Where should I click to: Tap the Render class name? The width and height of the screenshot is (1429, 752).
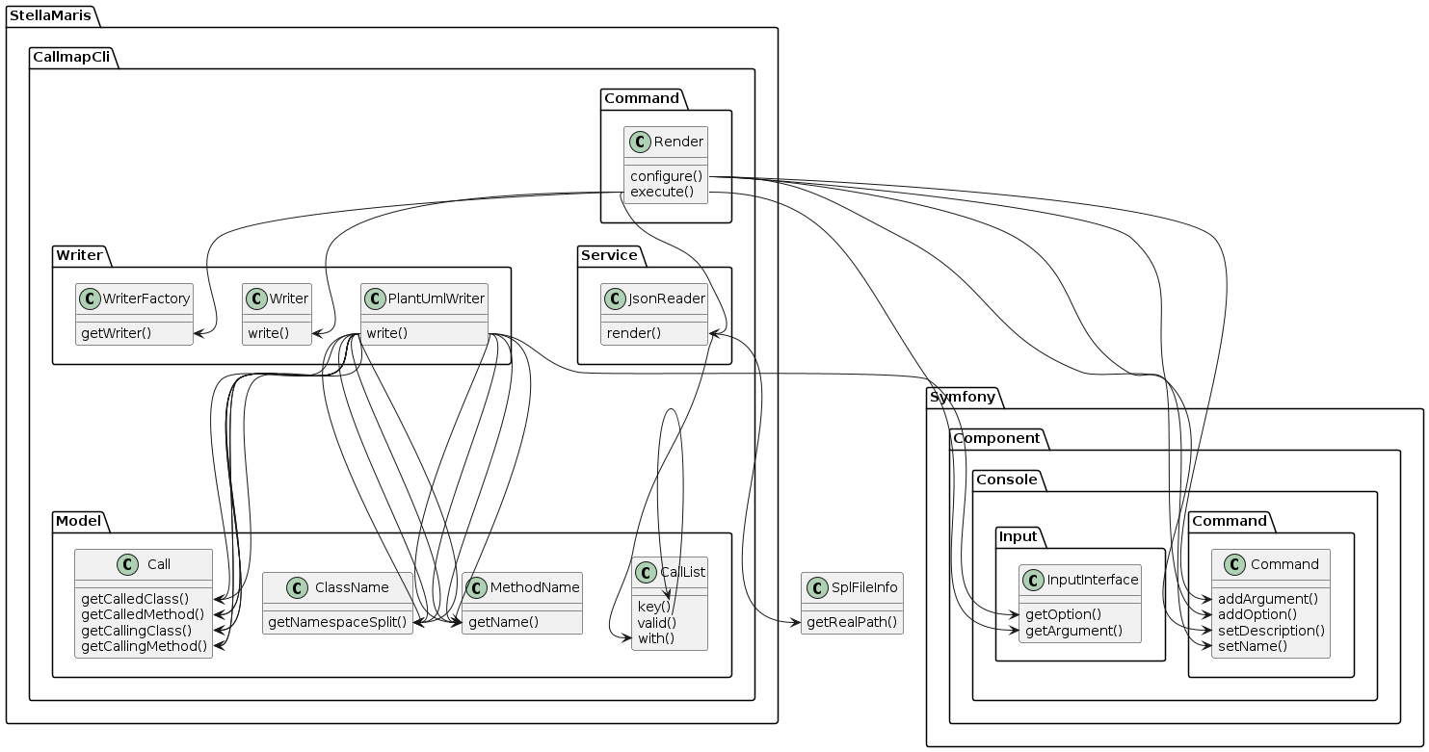pyautogui.click(x=678, y=143)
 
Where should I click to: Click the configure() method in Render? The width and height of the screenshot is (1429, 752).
pyautogui.click(x=667, y=176)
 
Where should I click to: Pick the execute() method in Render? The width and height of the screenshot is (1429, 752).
pyautogui.click(x=662, y=192)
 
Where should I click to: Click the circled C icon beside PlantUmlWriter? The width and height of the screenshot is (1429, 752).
pyautogui.click(x=375, y=298)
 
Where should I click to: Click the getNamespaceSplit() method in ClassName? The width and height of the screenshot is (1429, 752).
pyautogui.click(x=337, y=622)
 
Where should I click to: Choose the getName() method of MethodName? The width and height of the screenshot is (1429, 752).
pyautogui.click(x=503, y=622)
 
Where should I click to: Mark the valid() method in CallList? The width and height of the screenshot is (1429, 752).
pyautogui.click(x=657, y=622)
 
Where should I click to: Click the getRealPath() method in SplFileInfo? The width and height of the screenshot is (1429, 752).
pyautogui.click(x=852, y=622)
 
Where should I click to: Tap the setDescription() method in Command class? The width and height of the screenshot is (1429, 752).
pyautogui.click(x=1271, y=630)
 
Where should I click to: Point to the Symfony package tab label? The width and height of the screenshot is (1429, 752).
pyautogui.click(x=964, y=397)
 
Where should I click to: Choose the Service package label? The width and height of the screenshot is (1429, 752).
pyautogui.click(x=610, y=255)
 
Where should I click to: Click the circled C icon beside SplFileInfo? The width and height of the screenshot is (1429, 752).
pyautogui.click(x=814, y=586)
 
